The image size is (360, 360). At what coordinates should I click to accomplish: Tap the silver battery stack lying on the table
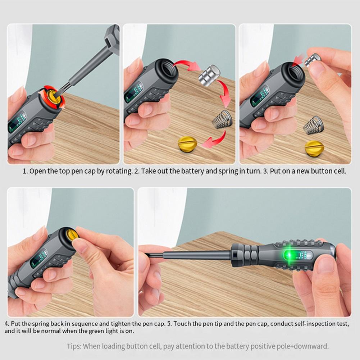[x=210, y=76]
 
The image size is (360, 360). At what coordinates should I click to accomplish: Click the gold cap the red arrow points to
[x=187, y=143]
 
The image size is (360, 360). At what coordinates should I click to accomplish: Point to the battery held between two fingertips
[x=313, y=60]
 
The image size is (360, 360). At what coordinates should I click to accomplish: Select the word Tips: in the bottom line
[x=74, y=346]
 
